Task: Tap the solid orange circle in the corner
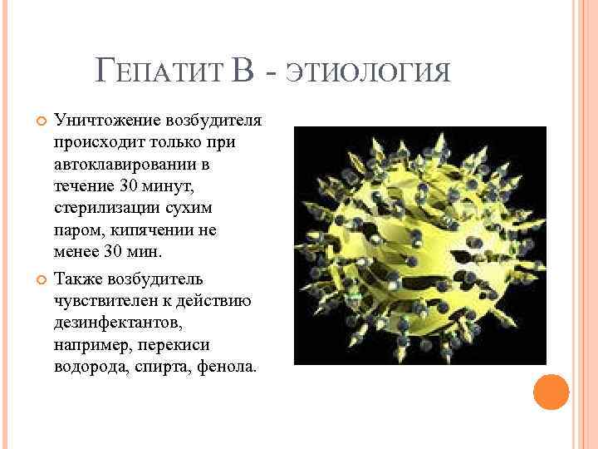click(551, 392)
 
